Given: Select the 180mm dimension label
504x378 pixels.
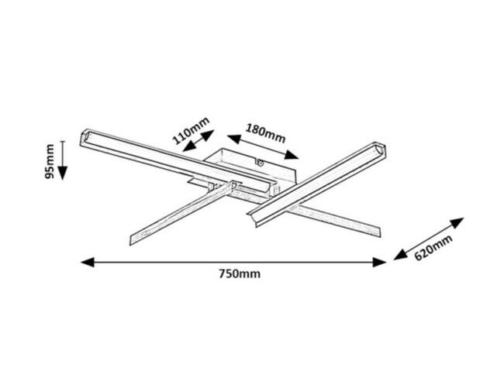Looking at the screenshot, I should [x=265, y=131].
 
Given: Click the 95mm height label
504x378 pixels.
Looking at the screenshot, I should [x=50, y=161].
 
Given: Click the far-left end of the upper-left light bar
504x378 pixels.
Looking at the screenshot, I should [x=83, y=138].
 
